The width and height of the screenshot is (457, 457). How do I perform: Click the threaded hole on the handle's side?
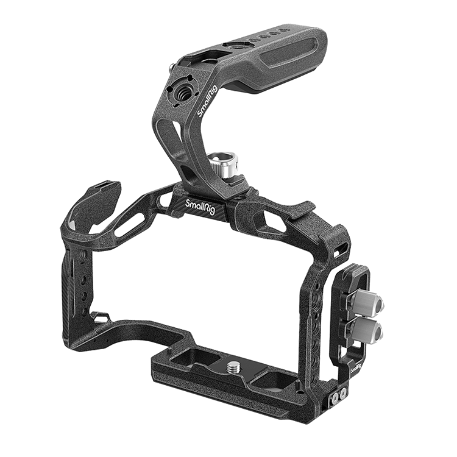tap(179, 93)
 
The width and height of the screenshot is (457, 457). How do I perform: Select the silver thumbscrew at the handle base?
tap(224, 165)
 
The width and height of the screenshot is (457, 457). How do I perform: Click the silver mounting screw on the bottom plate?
tap(235, 366)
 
